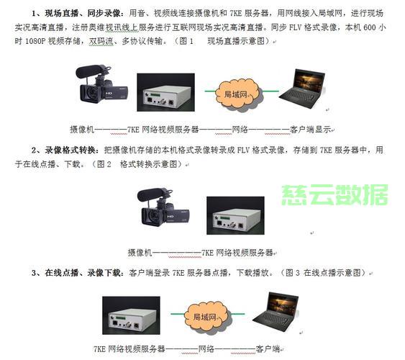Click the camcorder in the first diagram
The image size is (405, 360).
pos(101,84)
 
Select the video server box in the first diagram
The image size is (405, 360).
pos(166,92)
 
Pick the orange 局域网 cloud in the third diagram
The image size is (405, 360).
pos(206,316)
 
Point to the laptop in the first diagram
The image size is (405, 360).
pos(302,89)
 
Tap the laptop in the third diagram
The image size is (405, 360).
pos(276,312)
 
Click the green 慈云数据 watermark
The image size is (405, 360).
pos(335,195)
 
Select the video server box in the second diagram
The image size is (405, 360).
pos(235,215)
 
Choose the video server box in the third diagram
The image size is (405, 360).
pos(131,315)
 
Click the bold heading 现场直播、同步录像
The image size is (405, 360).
pos(83,13)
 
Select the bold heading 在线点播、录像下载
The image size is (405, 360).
pos(83,273)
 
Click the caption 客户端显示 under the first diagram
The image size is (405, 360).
pos(311,129)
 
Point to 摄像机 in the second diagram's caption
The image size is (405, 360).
pos(140,253)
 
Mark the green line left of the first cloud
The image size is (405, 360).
pos(211,91)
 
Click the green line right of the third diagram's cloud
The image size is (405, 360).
pos(237,314)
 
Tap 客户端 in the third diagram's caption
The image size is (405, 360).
pos(268,349)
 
